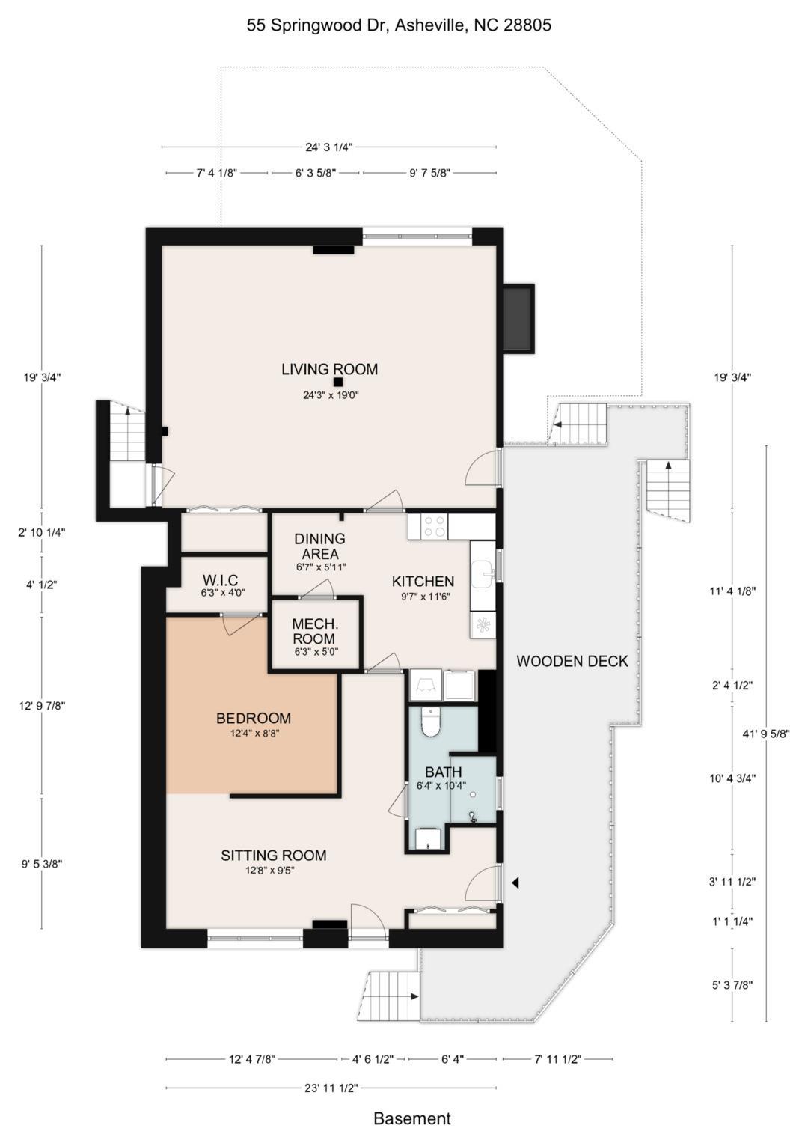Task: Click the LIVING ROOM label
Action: pos(329,369)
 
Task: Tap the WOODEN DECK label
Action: pos(572,661)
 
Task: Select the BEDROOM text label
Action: pos(254,718)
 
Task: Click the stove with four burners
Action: pos(427,526)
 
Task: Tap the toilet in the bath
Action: pos(431,723)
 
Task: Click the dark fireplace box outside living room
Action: pos(518,318)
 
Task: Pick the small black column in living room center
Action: pos(337,382)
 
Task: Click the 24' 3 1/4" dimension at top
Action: pos(329,147)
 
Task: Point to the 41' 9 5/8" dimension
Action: pos(767,734)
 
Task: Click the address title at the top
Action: pos(399,25)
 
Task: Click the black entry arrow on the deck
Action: pos(515,883)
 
